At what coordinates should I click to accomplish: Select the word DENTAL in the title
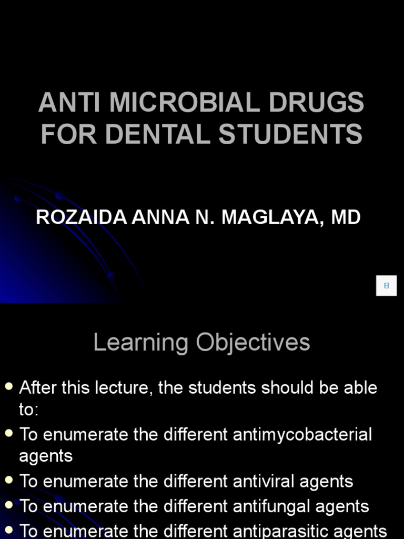click(x=160, y=133)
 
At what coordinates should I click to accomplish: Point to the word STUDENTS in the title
click(x=290, y=133)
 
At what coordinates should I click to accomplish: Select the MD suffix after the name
click(x=346, y=217)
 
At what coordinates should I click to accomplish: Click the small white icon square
click(x=386, y=285)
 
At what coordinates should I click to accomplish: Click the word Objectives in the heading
click(x=253, y=343)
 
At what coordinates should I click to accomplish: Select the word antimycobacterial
click(x=302, y=435)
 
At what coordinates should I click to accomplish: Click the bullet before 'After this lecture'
click(x=8, y=387)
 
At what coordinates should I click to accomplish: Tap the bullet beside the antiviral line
click(x=8, y=481)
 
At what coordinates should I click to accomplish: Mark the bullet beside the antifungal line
click(x=8, y=506)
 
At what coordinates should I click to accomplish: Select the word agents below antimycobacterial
click(x=46, y=456)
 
